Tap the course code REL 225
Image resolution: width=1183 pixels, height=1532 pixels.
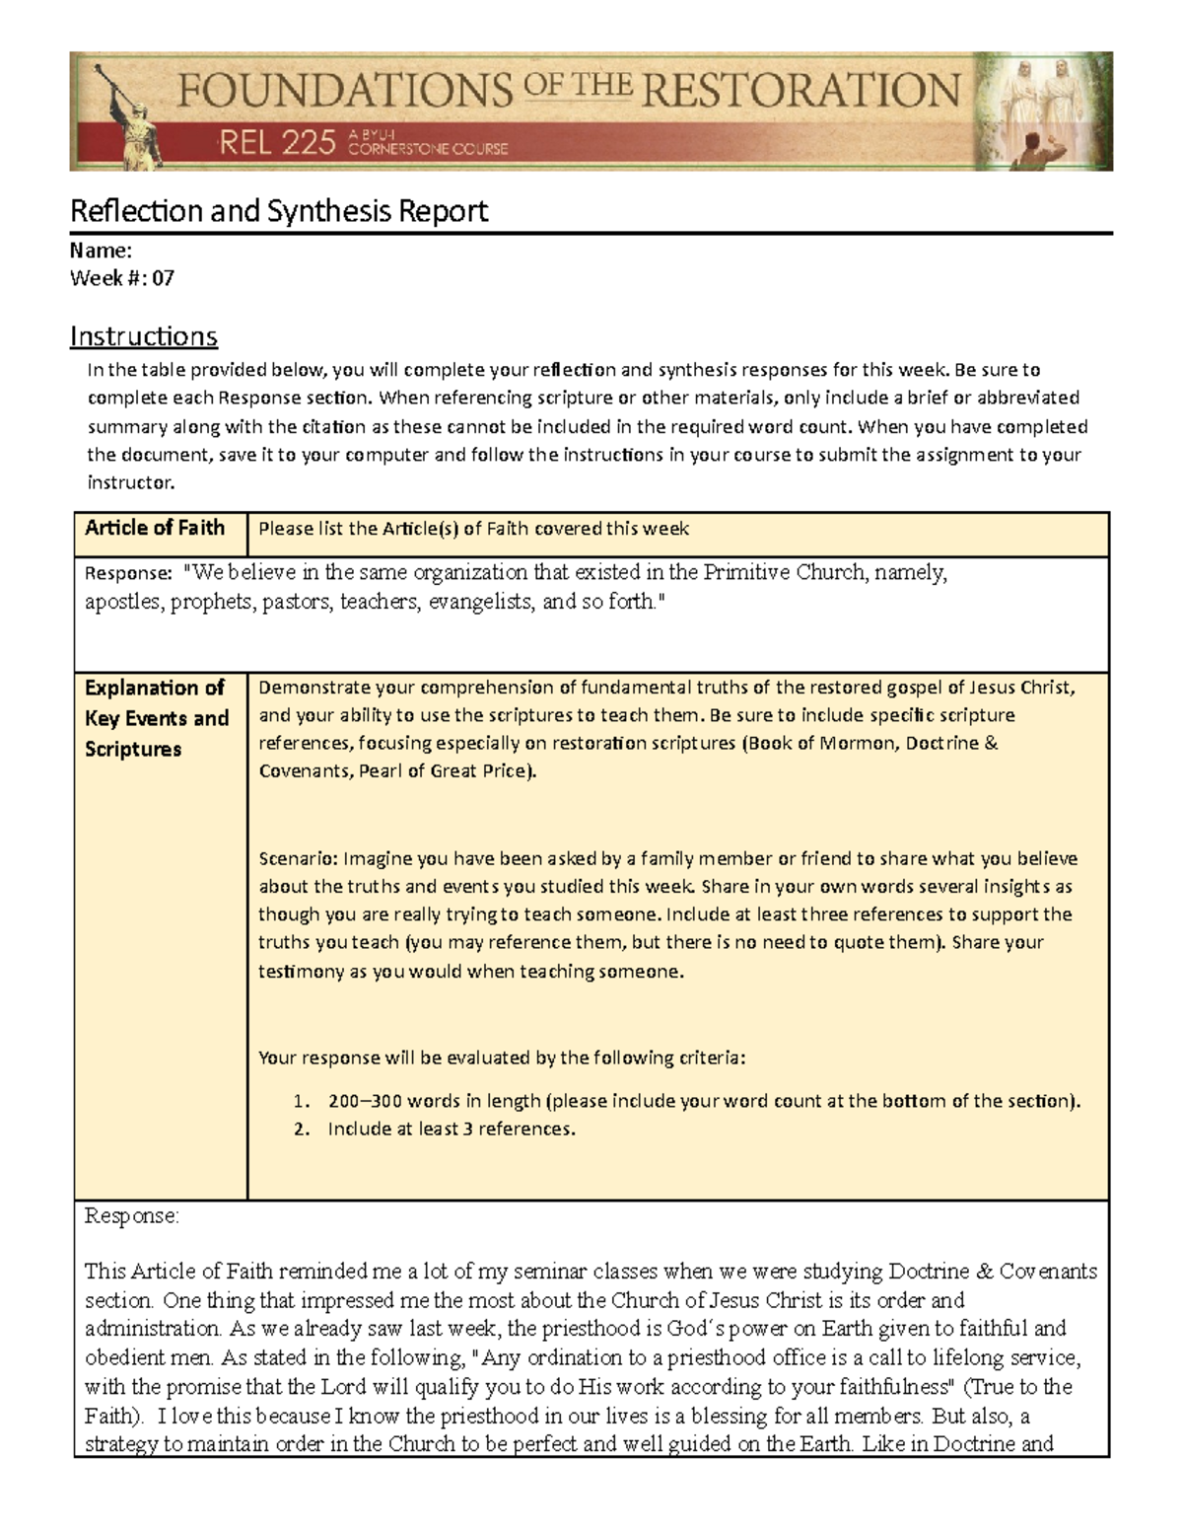(x=277, y=144)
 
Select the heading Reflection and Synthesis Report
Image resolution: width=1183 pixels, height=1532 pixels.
(x=278, y=211)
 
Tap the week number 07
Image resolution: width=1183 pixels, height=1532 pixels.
(x=163, y=278)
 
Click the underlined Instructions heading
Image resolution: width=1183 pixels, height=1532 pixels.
(x=143, y=336)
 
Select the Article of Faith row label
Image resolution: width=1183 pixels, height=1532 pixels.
(x=155, y=528)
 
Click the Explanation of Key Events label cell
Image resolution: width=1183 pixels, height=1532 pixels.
(x=157, y=717)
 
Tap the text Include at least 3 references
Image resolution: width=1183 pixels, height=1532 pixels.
(x=451, y=1129)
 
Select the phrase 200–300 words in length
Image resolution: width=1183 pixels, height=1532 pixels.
(x=434, y=1101)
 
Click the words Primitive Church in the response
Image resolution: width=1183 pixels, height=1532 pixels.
(x=783, y=572)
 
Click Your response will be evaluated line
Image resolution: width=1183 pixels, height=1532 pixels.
(x=502, y=1058)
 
